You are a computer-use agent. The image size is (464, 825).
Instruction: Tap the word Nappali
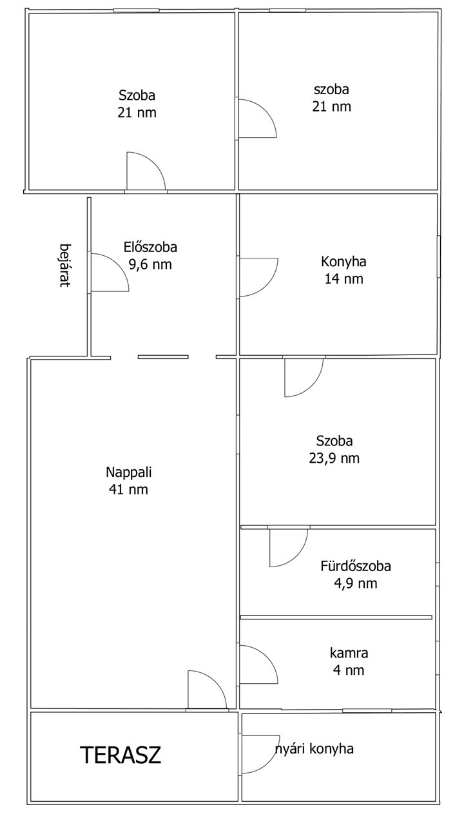[x=128, y=472]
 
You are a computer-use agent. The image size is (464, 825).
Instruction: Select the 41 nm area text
[x=128, y=489]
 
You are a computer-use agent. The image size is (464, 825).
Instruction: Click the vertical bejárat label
[x=65, y=265]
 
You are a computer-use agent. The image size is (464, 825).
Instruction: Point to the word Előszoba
[x=150, y=247]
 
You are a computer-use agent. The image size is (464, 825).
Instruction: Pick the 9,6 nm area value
[x=150, y=264]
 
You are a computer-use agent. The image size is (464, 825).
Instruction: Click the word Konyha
[x=343, y=262]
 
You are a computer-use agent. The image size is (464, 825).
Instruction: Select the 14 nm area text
[x=343, y=279]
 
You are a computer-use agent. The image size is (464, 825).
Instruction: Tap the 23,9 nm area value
[x=334, y=458]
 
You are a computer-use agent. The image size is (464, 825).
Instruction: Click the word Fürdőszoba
[x=355, y=566]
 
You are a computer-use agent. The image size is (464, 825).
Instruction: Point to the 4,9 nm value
[x=355, y=583]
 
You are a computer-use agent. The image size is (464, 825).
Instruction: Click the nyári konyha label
[x=314, y=749]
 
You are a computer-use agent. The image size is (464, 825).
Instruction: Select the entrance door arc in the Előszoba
[x=118, y=264]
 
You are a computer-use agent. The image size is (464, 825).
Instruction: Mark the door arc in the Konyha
[x=267, y=286]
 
